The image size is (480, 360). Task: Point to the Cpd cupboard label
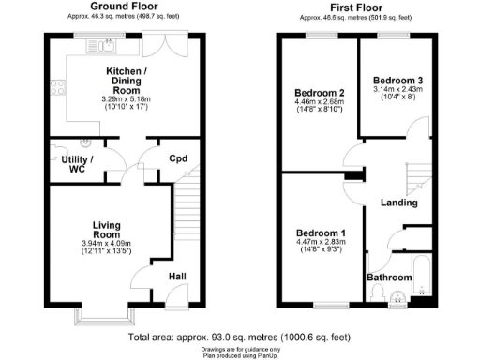pos(178,157)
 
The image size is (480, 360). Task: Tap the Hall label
pos(178,277)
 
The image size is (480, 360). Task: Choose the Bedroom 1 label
pos(321,232)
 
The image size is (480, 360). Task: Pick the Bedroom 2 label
pos(322,93)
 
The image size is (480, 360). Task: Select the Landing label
pos(397,202)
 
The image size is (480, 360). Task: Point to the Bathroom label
pos(389,277)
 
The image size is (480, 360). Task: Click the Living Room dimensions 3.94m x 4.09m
pos(112,243)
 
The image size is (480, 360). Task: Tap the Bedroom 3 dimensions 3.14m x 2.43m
pos(397,91)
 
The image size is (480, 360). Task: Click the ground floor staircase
pos(187,215)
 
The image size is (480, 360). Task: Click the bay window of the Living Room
pos(105,314)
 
